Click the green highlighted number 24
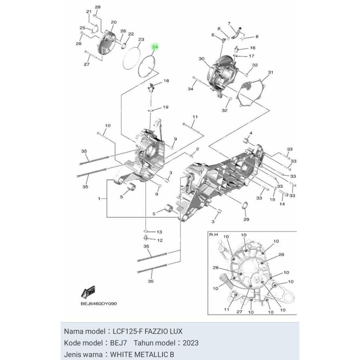pos(155,47)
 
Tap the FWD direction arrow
pos(88,292)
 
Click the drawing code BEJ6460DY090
pos(99,304)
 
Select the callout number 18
pos(166,81)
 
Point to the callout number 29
pos(246,219)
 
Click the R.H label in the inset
pos(213,234)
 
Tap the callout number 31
pos(271,72)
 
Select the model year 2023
pos(191,343)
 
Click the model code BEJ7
pos(118,343)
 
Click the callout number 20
pos(114,22)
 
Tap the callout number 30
pos(201,59)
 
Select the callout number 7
pos(229,24)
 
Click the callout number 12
pos(160,240)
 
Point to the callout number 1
pos(99,199)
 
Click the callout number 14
pos(282,204)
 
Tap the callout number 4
pos(251,133)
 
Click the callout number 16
pos(252,48)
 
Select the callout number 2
pos(197,149)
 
